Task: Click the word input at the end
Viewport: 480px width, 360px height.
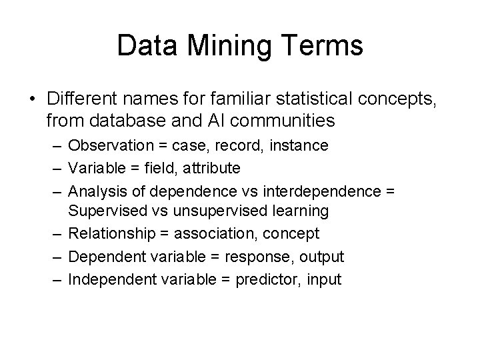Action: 324,279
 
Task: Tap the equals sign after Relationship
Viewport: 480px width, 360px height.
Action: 160,234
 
